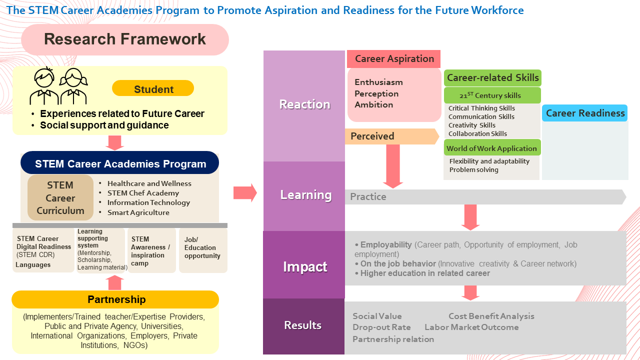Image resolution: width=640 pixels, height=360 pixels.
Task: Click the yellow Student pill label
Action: [153, 88]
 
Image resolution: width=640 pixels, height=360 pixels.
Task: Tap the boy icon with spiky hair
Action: [44, 85]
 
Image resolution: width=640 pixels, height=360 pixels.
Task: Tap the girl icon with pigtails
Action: [73, 86]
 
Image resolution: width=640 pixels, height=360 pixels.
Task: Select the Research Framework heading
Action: [125, 39]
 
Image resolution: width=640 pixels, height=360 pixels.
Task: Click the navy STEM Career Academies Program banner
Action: [119, 163]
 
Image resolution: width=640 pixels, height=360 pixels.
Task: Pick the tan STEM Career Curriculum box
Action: [60, 197]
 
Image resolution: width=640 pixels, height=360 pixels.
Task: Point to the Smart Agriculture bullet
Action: [138, 212]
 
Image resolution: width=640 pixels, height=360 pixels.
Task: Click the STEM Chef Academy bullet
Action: [143, 193]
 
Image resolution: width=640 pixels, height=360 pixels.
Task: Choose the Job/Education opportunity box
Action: [203, 250]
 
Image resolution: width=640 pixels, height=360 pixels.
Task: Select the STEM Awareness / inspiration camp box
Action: [151, 250]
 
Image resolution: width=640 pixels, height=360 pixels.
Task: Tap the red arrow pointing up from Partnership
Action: [114, 282]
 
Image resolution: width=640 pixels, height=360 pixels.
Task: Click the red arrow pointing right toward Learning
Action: [245, 193]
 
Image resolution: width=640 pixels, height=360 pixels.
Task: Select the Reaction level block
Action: [304, 106]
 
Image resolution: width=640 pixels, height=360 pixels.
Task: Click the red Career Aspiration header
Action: [393, 59]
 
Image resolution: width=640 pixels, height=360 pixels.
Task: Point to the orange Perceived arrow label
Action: [392, 136]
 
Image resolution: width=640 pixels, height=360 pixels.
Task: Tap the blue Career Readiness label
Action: [585, 113]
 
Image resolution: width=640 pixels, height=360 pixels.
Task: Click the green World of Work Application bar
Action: [492, 148]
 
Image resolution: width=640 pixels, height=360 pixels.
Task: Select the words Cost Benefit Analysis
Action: [491, 316]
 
